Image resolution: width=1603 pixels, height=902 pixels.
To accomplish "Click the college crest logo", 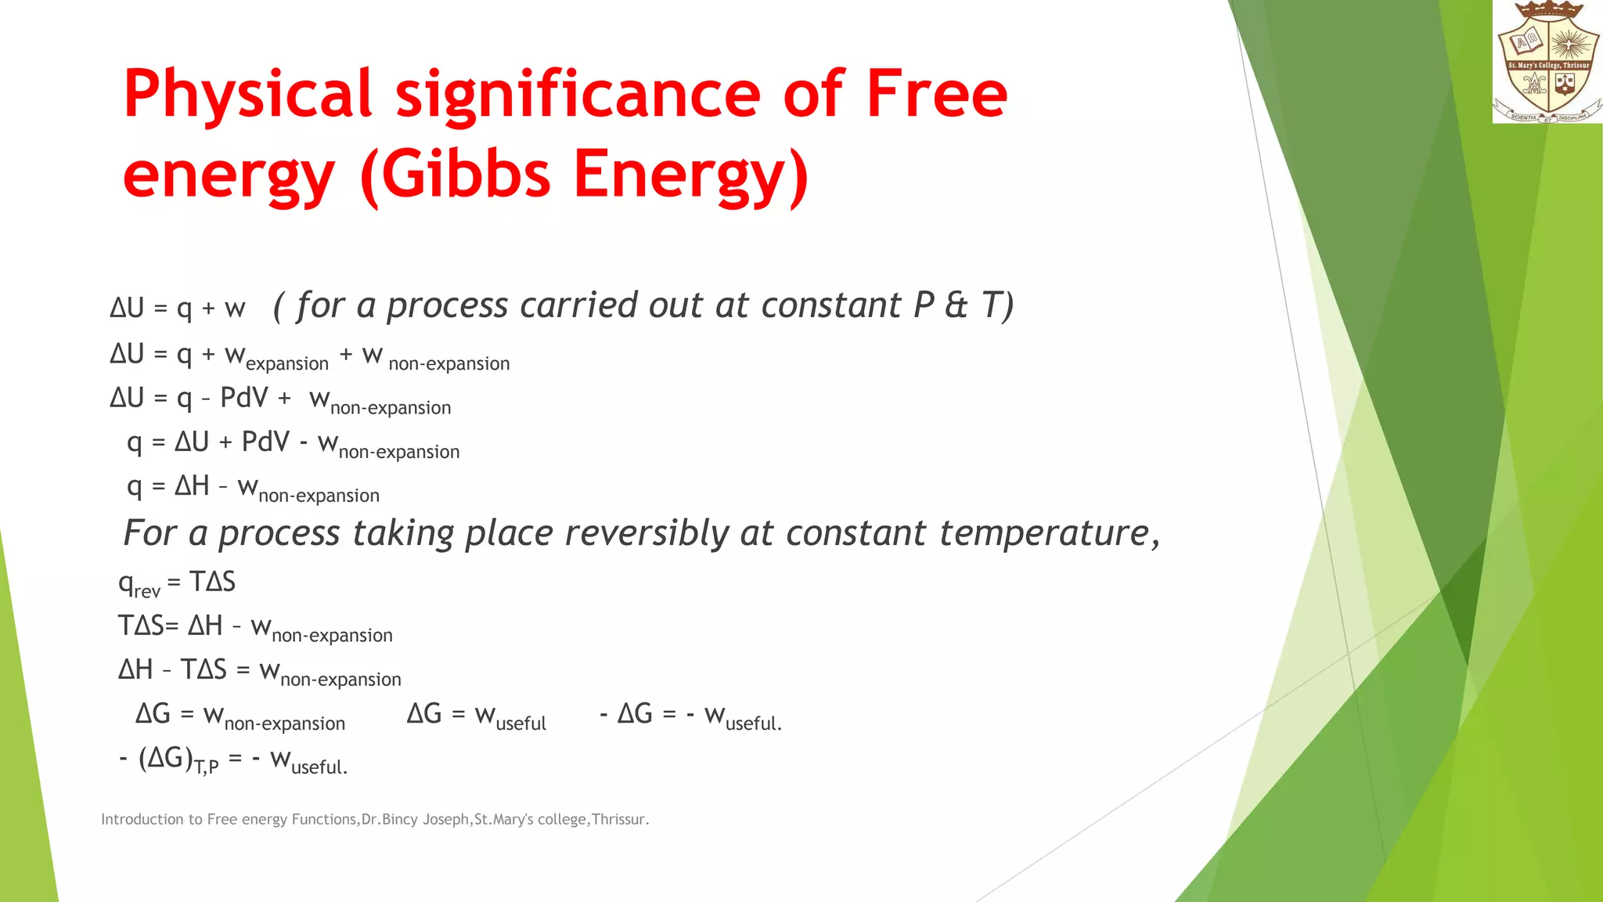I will coord(1547,62).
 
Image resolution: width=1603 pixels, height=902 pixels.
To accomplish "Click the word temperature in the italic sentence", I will coord(1044,534).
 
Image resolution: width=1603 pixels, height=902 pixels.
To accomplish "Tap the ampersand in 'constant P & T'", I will coord(956,305).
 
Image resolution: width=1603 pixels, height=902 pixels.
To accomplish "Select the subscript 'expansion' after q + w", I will coord(287,364).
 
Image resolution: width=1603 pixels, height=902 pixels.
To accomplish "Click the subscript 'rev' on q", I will coord(147,591).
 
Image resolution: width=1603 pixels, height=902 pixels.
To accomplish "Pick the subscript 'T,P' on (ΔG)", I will coord(206,767).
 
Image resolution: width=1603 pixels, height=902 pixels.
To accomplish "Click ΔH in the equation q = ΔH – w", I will coord(192,486).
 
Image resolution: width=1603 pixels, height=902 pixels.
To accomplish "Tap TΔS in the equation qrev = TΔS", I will coord(212,582).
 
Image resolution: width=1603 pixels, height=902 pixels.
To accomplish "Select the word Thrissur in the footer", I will coord(618,820).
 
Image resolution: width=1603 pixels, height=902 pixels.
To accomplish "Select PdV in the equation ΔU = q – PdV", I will coord(244,398).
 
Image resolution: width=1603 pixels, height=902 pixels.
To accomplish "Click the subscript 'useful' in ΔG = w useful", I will coord(521,723).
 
